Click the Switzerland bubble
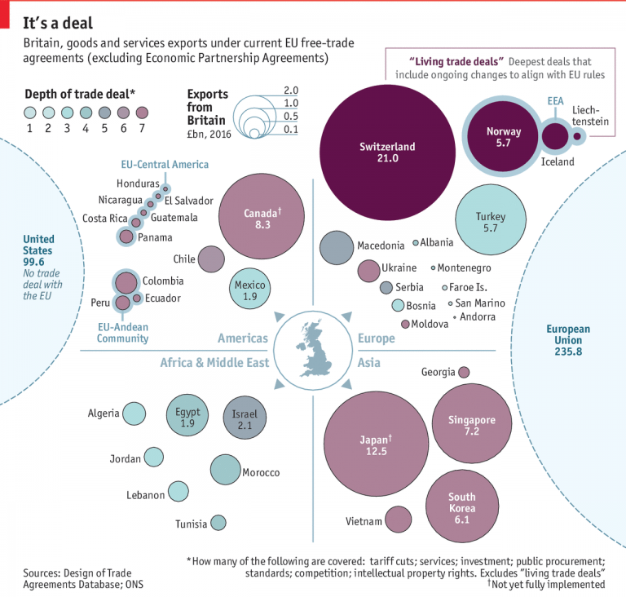[x=388, y=153]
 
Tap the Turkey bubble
[x=490, y=222]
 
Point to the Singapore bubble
[x=471, y=425]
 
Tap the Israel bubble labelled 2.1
[x=245, y=418]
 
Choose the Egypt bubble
[x=188, y=418]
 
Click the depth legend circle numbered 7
[x=142, y=113]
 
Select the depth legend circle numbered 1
[x=30, y=113]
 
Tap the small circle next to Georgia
[x=464, y=372]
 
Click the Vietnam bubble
[x=398, y=520]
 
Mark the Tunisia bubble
[x=218, y=523]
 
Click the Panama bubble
[x=126, y=237]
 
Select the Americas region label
[x=243, y=338]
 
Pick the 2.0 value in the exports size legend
[x=291, y=89]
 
